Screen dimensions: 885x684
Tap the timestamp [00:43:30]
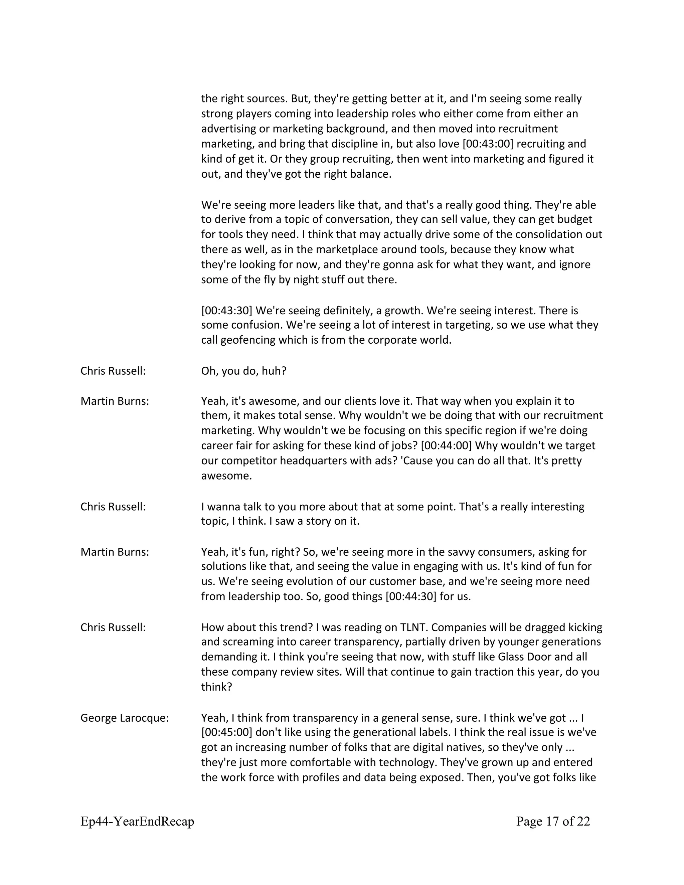click(x=226, y=310)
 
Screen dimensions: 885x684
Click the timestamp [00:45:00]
click(x=227, y=732)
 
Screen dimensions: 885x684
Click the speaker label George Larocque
click(x=124, y=718)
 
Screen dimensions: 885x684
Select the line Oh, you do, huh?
click(x=243, y=371)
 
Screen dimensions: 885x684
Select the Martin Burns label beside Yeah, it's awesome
click(x=115, y=401)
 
